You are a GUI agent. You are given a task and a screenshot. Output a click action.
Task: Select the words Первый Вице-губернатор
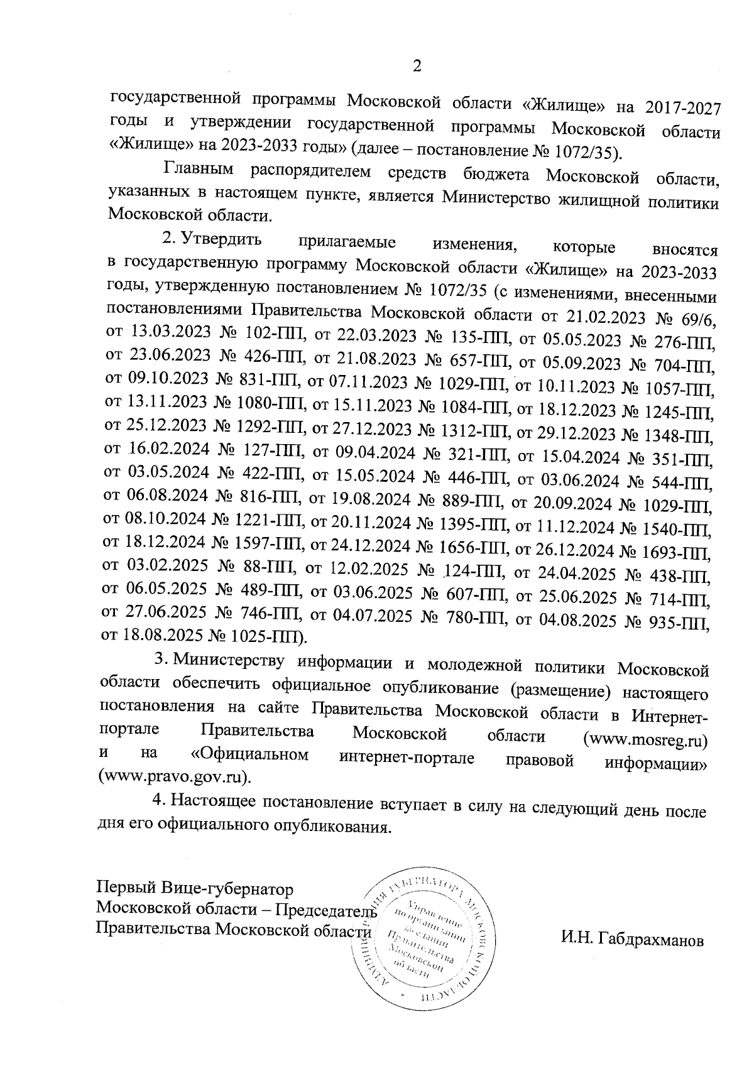tap(194, 889)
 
